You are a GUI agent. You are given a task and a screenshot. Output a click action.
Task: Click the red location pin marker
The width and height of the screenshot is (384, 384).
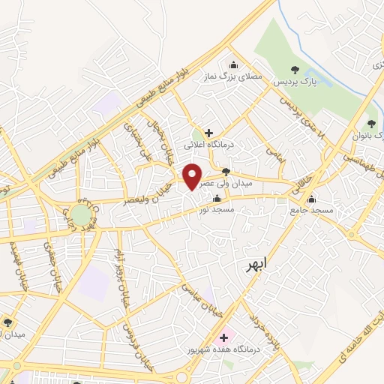(x=193, y=175)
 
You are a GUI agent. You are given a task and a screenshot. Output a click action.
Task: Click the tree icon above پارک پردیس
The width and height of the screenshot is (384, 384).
(x=295, y=70)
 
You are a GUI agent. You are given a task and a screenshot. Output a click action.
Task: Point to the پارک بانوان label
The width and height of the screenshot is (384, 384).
(x=368, y=136)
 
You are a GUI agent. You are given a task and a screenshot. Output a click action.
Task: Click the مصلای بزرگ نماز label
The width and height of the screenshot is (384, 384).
(x=240, y=76)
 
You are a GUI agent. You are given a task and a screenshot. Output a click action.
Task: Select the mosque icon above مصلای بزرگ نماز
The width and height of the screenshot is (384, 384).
(x=235, y=64)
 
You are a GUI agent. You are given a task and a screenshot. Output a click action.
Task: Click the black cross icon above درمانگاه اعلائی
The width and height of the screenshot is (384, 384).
(x=209, y=133)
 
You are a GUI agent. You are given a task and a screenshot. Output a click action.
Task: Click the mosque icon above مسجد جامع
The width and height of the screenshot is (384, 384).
(x=312, y=199)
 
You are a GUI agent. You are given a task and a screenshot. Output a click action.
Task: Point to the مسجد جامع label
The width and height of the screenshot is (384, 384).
(x=311, y=211)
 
